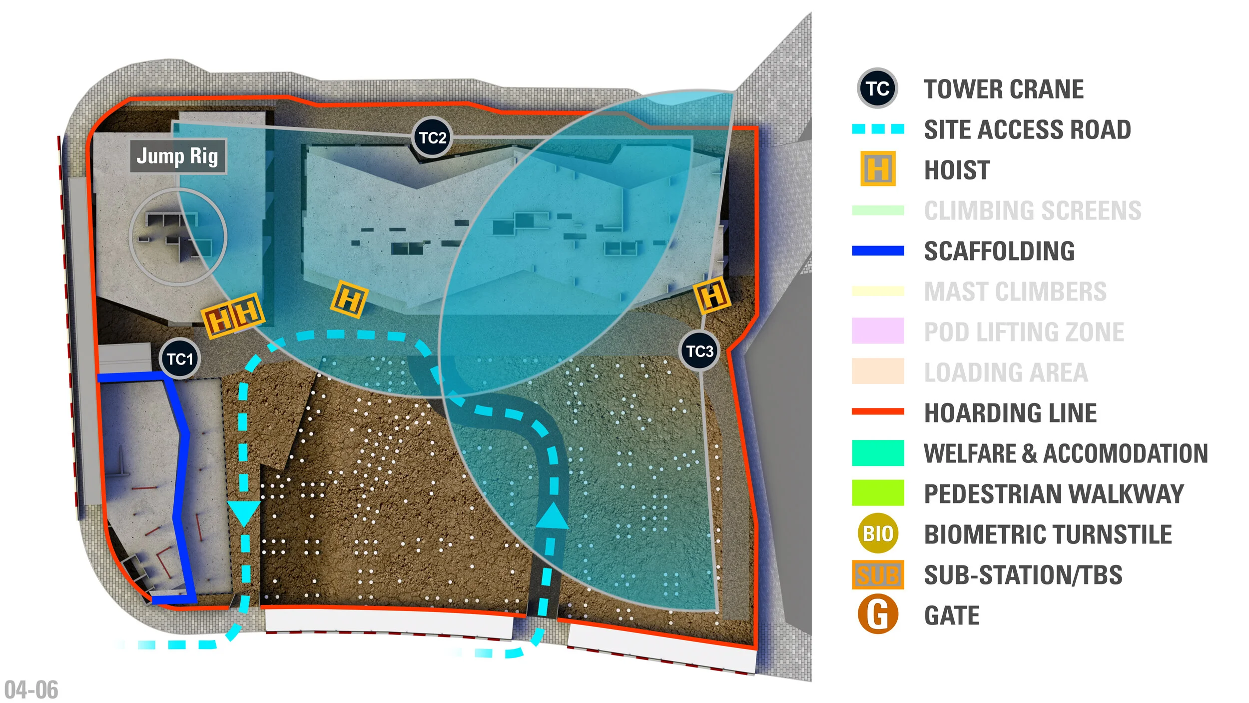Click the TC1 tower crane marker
click(x=180, y=358)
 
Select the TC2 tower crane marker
click(x=433, y=137)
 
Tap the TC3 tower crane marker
click(x=699, y=351)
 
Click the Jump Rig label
click(x=178, y=156)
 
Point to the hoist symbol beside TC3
click(x=712, y=295)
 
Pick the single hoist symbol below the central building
click(x=349, y=299)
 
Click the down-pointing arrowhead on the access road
click(x=243, y=513)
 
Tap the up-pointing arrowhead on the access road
click(x=552, y=517)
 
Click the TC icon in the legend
click(x=877, y=88)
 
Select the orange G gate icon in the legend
click(x=877, y=615)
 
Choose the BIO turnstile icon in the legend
click(x=877, y=534)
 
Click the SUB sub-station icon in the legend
click(x=877, y=574)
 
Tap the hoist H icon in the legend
click(x=877, y=169)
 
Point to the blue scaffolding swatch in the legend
click(x=877, y=250)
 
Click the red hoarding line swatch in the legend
click(x=877, y=412)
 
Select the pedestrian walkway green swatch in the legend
click(x=877, y=493)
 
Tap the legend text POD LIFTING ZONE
click(x=1024, y=332)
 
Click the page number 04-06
click(x=31, y=690)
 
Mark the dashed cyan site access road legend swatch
click(x=877, y=129)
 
